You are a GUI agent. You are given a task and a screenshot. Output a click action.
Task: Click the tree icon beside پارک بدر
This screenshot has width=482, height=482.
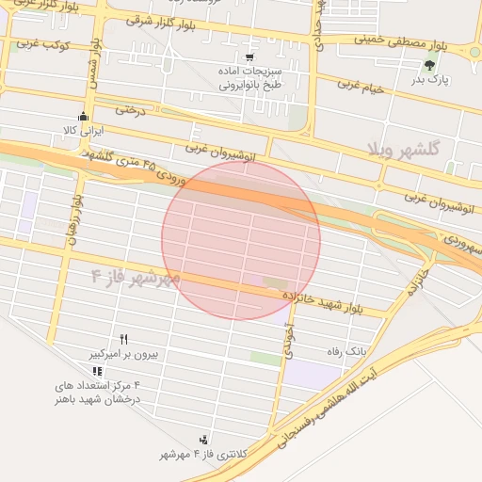[430, 65]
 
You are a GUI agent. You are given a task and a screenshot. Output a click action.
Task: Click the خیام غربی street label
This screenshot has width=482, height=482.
[362, 88]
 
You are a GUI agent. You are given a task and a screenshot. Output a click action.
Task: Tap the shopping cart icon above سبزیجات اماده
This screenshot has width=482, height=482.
[249, 56]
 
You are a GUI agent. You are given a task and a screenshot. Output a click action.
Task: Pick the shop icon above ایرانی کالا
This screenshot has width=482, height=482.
[84, 117]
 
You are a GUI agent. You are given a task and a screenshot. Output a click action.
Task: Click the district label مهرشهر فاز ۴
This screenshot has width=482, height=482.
[135, 277]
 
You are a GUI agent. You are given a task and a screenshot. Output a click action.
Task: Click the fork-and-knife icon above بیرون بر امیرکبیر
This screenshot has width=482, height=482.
[123, 339]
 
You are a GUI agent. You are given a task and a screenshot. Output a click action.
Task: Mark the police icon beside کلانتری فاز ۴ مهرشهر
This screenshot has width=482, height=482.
[203, 439]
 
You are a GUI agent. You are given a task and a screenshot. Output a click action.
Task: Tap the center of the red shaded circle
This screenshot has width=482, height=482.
[241, 240]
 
